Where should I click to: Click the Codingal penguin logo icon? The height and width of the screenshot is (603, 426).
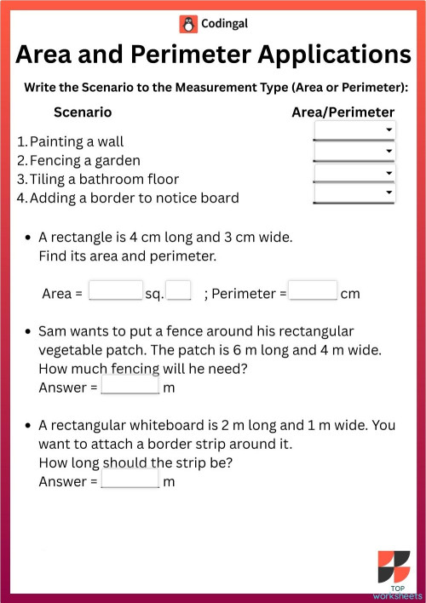click(x=187, y=25)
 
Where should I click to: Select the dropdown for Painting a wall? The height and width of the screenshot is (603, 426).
click(x=354, y=130)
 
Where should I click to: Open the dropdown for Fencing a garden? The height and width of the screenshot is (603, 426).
click(x=354, y=152)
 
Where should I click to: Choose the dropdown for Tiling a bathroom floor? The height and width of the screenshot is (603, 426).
click(x=354, y=173)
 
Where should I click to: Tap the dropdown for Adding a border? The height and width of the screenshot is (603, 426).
click(x=354, y=193)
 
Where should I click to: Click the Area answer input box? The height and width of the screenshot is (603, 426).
click(x=115, y=291)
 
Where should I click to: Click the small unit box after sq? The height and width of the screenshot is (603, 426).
click(x=178, y=291)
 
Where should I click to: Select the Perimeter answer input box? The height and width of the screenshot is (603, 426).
click(x=313, y=291)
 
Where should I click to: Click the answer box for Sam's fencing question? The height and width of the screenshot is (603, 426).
click(x=130, y=386)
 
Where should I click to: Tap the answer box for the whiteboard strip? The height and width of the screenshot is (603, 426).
click(x=130, y=480)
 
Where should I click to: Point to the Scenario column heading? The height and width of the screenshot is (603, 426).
click(x=83, y=112)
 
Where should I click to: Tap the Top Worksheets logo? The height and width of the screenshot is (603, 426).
click(x=394, y=575)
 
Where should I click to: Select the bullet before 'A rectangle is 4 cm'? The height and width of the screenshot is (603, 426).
click(x=30, y=238)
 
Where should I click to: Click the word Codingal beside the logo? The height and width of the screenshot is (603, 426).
click(x=225, y=25)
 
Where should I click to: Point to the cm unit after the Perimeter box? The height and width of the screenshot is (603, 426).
click(x=350, y=294)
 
